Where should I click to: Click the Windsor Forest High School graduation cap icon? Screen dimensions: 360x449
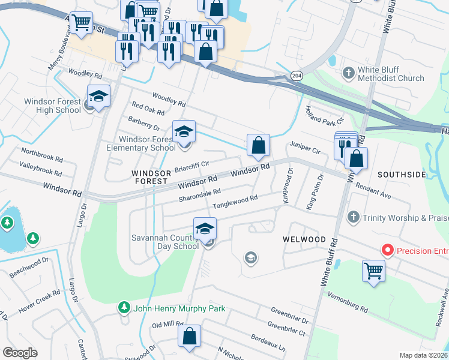98,96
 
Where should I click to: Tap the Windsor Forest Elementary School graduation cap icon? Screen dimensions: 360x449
184,131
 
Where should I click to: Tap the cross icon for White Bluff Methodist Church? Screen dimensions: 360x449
348,73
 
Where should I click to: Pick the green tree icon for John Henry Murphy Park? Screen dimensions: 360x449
124,308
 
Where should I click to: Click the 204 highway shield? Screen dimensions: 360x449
296,76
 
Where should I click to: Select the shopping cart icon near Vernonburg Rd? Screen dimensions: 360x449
373,271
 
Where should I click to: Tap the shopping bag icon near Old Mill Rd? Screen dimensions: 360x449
189,337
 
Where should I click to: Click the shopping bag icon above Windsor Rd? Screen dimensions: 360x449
258,145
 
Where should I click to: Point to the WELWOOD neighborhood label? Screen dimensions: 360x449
304,239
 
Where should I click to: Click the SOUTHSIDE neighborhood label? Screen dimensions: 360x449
402,175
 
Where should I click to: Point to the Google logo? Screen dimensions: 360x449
20,353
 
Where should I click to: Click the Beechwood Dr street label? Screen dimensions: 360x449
29,268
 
